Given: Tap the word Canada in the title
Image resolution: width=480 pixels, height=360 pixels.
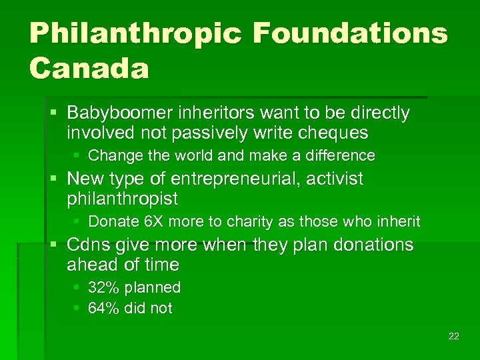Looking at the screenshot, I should coord(89,69).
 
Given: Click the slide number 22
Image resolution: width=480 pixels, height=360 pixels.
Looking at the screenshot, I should coord(453,336).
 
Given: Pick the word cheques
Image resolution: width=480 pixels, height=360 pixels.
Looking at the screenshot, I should coord(335,133).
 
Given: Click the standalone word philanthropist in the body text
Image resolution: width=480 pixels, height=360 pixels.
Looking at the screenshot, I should coord(122,199).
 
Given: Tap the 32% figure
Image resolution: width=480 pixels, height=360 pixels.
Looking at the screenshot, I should coord(101,288).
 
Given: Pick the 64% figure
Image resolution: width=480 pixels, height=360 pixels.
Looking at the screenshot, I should coord(101,308).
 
